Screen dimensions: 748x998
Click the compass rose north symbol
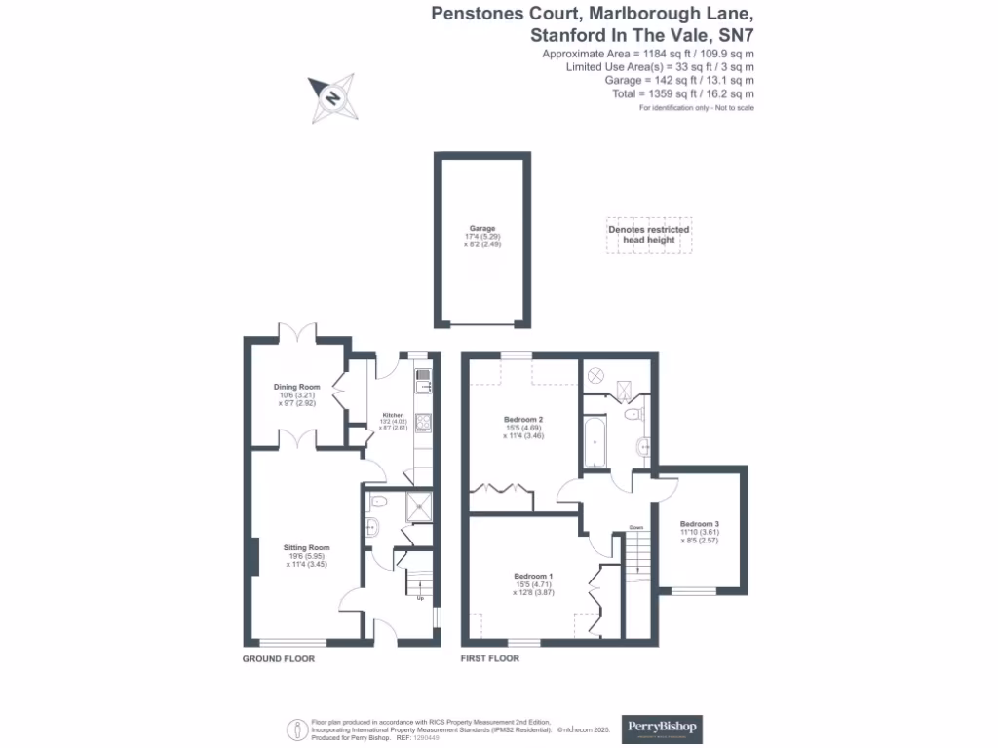coord(332,98)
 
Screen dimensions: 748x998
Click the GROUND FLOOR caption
coord(279,659)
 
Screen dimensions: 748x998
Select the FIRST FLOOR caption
coord(490,659)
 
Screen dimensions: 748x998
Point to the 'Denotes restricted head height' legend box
coord(649,235)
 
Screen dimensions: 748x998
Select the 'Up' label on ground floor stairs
coord(420,598)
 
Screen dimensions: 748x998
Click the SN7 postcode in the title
coord(732,34)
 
